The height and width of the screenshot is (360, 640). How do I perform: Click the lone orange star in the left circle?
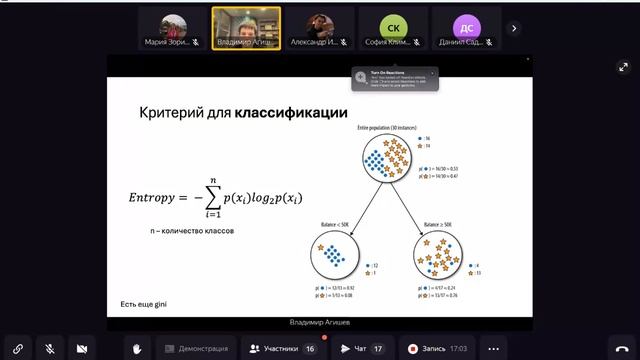pyautogui.click(x=322, y=246)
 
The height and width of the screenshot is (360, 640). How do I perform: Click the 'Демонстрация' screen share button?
pyautogui.click(x=195, y=348)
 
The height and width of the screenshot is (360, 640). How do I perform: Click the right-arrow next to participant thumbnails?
pyautogui.click(x=514, y=28)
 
